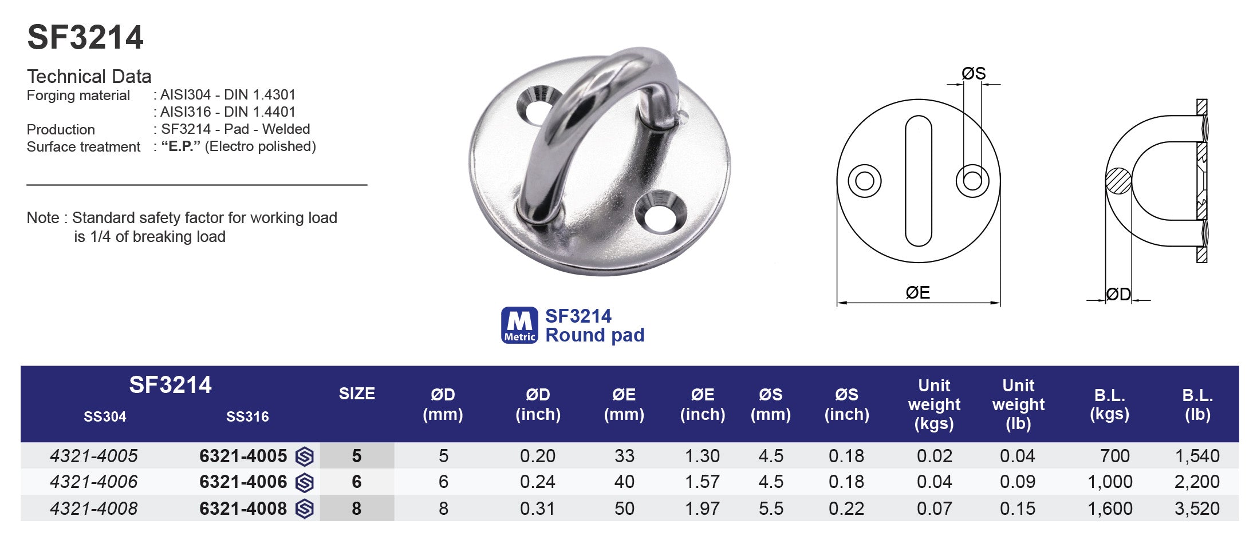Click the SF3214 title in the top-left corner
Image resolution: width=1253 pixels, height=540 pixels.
click(x=85, y=38)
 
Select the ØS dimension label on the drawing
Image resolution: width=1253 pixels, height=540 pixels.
click(x=974, y=73)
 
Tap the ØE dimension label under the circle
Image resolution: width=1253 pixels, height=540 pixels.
click(x=917, y=293)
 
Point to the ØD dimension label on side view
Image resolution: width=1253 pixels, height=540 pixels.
click(x=1118, y=294)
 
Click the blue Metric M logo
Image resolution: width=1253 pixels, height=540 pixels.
click(x=519, y=325)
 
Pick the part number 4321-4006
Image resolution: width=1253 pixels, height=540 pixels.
click(x=94, y=482)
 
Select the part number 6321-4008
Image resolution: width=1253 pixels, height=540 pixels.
click(x=243, y=508)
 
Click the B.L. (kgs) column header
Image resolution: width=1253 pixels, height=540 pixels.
click(x=1109, y=404)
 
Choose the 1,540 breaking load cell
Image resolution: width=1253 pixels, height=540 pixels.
click(x=1197, y=456)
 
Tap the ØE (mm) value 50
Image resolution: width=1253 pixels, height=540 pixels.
click(x=624, y=508)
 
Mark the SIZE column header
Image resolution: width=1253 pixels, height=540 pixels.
click(x=357, y=394)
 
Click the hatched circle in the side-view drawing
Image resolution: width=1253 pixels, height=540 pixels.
click(x=1118, y=181)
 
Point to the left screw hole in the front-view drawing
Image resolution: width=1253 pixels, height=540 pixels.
click(x=864, y=181)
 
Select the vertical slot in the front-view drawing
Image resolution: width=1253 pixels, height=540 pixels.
click(x=918, y=181)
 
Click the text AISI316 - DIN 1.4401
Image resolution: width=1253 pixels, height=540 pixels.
click(x=227, y=112)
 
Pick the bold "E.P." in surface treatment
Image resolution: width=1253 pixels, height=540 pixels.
click(x=180, y=146)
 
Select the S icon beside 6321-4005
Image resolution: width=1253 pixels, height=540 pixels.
click(x=305, y=456)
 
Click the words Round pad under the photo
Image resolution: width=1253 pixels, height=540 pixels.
click(x=594, y=335)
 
